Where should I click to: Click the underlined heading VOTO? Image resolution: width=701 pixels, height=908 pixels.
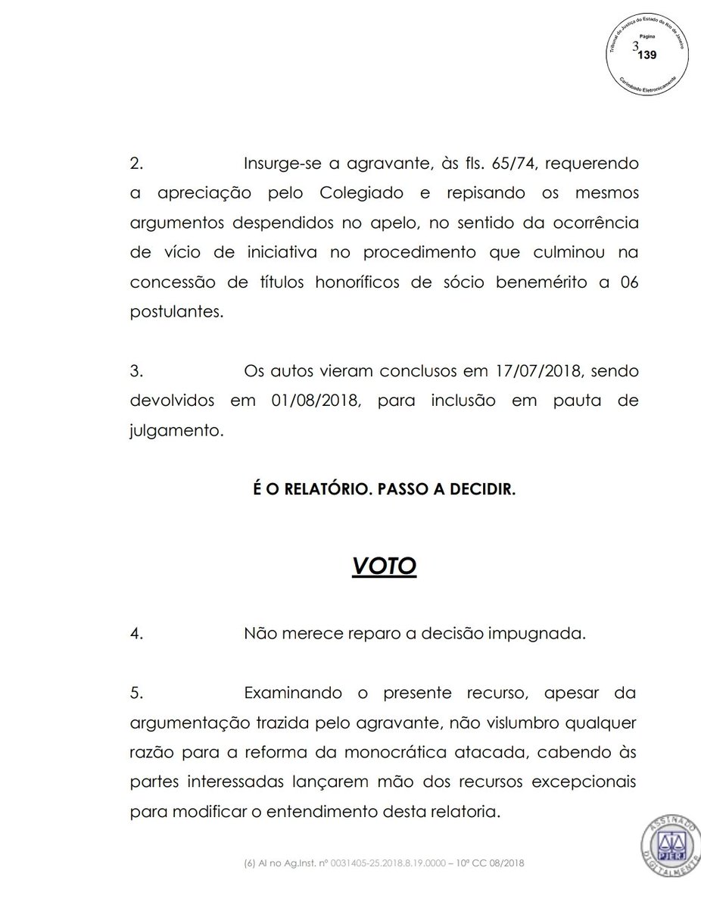click(384, 566)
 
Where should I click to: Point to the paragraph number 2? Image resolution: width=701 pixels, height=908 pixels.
click(136, 164)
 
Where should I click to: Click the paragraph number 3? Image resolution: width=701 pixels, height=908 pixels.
click(136, 373)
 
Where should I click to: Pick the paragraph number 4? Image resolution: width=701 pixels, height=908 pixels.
click(136, 635)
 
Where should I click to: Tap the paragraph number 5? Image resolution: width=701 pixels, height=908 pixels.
click(136, 694)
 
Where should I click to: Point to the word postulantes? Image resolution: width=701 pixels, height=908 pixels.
click(176, 312)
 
